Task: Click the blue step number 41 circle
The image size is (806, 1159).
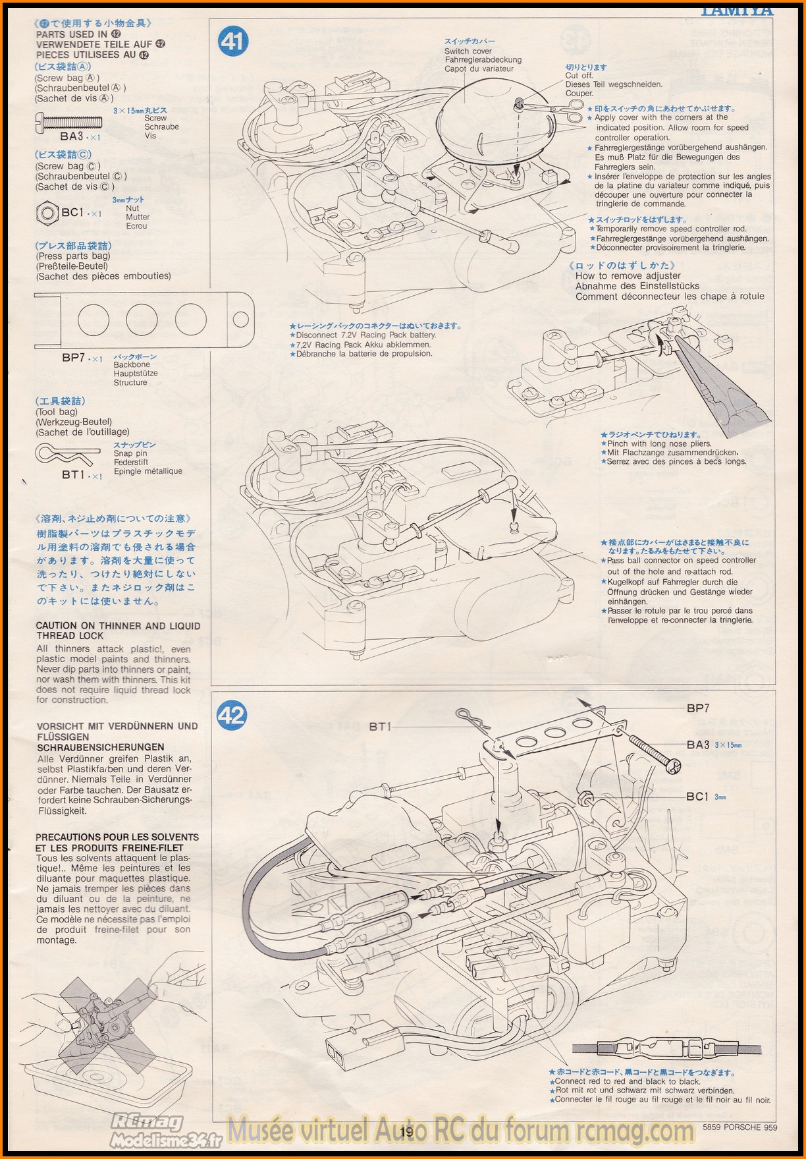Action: (x=231, y=42)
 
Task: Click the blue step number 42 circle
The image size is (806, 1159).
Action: (x=231, y=715)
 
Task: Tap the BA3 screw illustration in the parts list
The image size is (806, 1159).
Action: (x=68, y=121)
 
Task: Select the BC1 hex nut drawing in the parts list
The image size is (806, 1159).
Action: (x=47, y=213)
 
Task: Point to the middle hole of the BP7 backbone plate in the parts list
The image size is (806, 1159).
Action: (x=142, y=320)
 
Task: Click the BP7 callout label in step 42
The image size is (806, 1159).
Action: (x=698, y=708)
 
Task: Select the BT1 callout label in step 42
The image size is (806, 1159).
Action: (x=380, y=726)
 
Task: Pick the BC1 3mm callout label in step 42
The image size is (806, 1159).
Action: (x=705, y=796)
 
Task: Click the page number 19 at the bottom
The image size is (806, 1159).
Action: (x=406, y=1132)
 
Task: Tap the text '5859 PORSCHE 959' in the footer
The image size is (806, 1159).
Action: (x=739, y=1127)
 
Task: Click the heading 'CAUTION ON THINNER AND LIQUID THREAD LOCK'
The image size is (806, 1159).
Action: (x=118, y=631)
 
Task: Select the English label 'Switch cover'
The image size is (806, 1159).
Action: (x=468, y=51)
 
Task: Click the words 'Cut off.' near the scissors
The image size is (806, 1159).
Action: (x=579, y=76)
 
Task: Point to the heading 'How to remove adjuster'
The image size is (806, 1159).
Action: (x=628, y=276)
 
